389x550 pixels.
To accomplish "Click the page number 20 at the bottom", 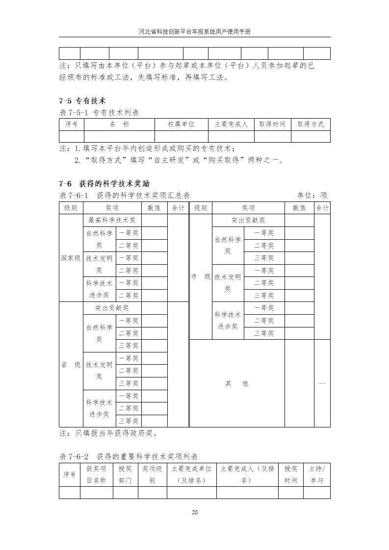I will pyautogui.click(x=194, y=512).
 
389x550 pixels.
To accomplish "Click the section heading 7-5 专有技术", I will pyautogui.click(x=82, y=101).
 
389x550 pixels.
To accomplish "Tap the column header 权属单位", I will pyautogui.click(x=181, y=125).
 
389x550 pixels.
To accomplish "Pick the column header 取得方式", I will pyautogui.click(x=311, y=125).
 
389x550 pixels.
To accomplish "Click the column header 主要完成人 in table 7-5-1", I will pyautogui.click(x=231, y=125).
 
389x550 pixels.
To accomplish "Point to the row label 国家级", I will pyautogui.click(x=71, y=258).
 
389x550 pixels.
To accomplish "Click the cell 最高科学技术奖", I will pyautogui.click(x=112, y=221).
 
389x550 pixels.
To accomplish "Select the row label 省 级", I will pyautogui.click(x=71, y=365).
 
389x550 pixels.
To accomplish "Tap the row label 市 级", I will pyautogui.click(x=201, y=277).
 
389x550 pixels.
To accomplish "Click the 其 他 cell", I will pyautogui.click(x=237, y=383).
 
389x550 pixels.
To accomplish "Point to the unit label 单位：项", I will pyautogui.click(x=313, y=195).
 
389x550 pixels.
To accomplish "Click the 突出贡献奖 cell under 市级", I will pyautogui.click(x=248, y=221).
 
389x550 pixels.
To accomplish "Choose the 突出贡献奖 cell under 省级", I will pyautogui.click(x=112, y=308).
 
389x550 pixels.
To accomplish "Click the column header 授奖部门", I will pyautogui.click(x=125, y=475).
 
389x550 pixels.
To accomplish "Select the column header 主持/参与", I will pyautogui.click(x=316, y=475).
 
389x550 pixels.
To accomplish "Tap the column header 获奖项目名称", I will pyautogui.click(x=96, y=475).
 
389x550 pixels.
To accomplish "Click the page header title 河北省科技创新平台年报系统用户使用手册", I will pyautogui.click(x=194, y=31).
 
